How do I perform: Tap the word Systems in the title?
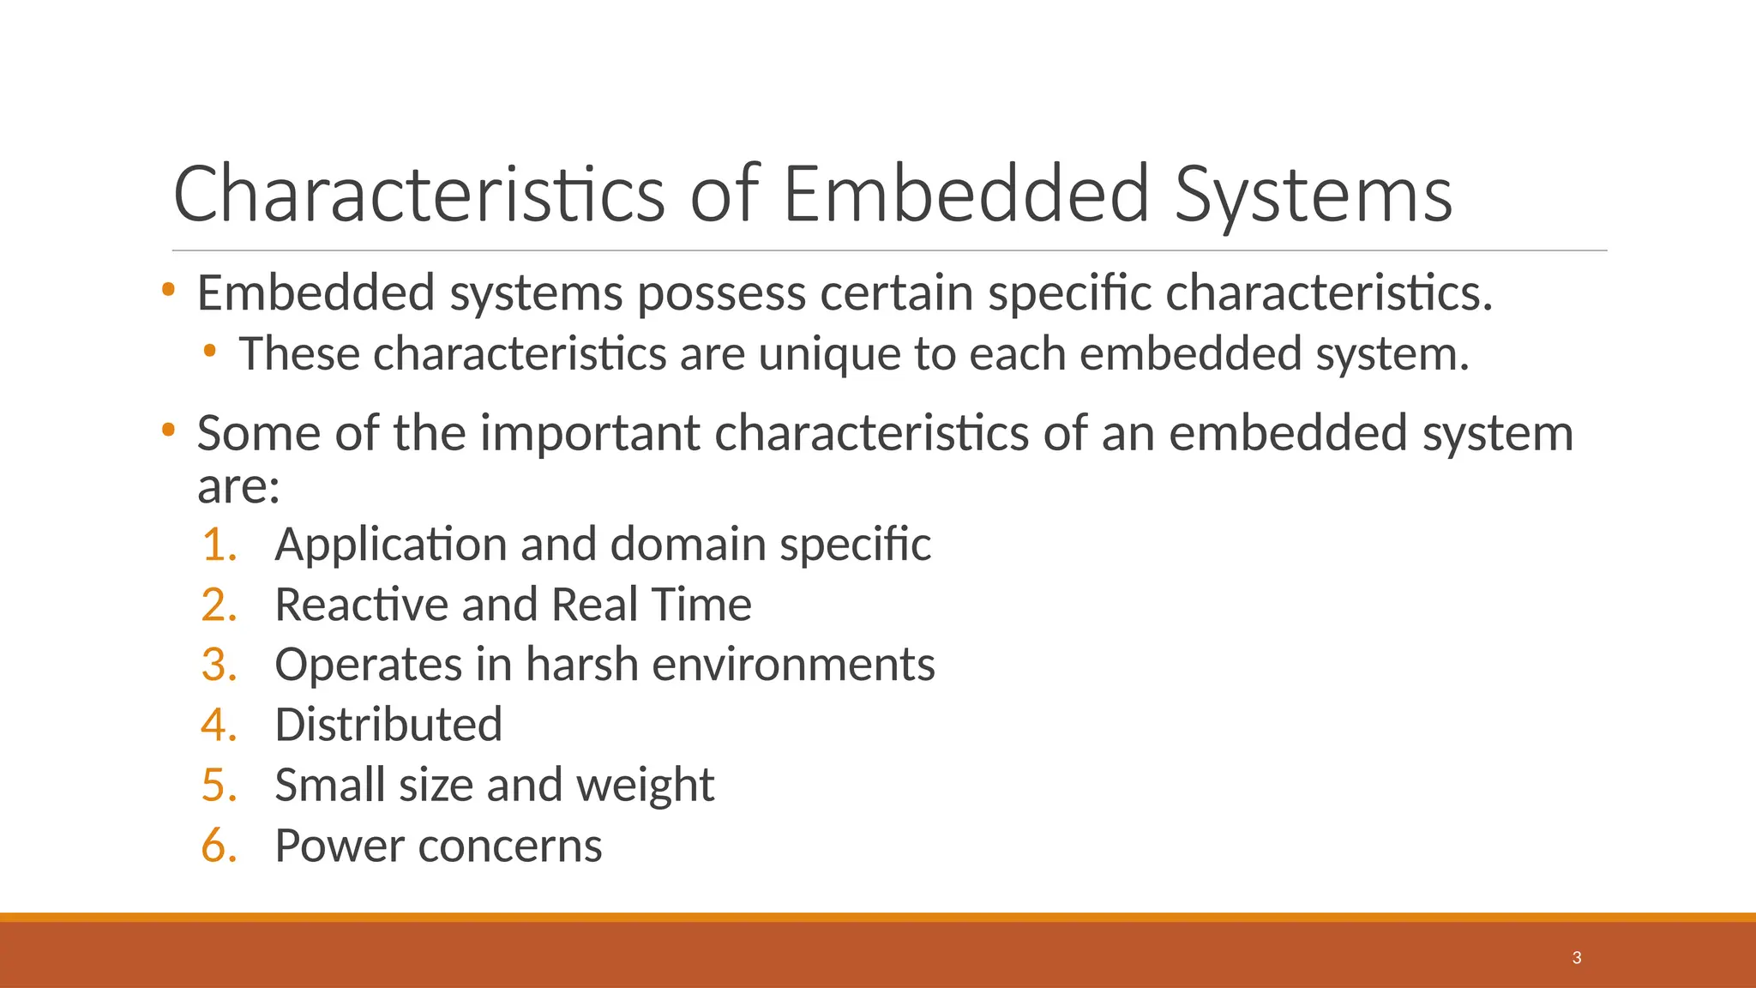[x=1313, y=196]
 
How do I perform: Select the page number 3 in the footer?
[x=1577, y=958]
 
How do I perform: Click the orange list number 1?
[x=219, y=545]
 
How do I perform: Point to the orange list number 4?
[x=219, y=725]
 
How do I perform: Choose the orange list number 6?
[x=219, y=846]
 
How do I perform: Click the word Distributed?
[x=388, y=725]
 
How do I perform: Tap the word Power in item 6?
[x=340, y=846]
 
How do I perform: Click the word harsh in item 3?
[x=582, y=665]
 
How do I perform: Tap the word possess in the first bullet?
[x=721, y=293]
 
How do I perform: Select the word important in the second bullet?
[x=590, y=433]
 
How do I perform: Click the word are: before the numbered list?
[x=238, y=487]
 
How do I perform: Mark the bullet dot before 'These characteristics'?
[x=210, y=351]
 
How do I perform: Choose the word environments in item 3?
[x=793, y=665]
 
